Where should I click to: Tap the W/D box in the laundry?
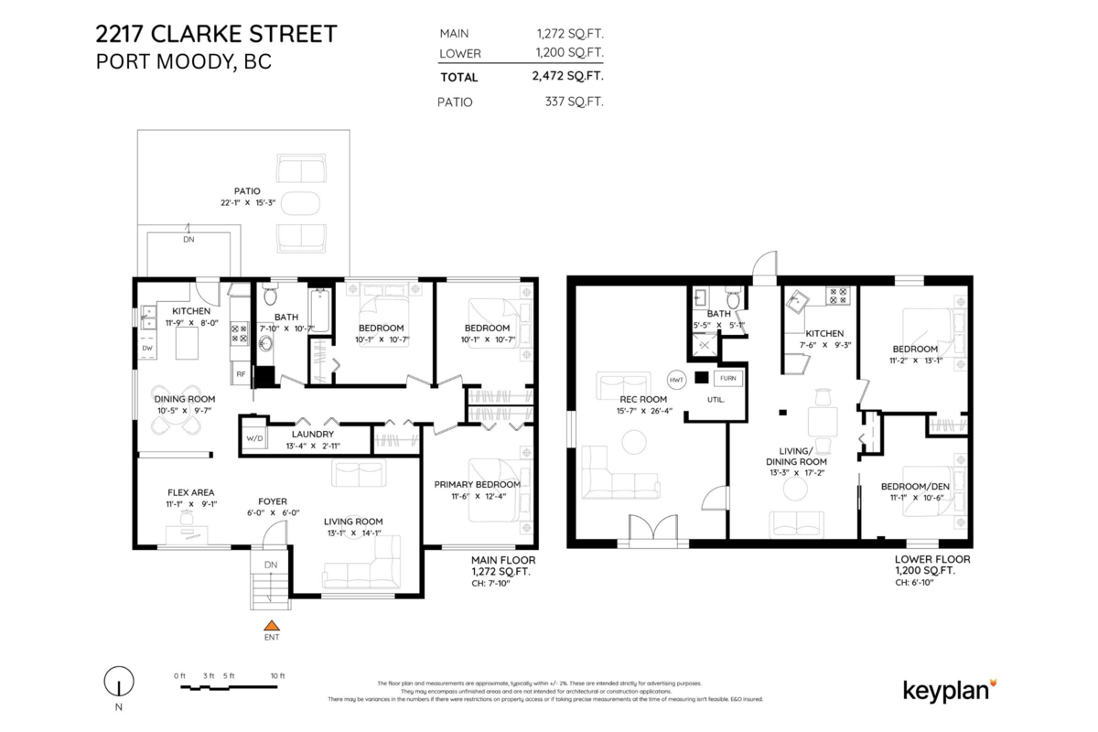(253, 439)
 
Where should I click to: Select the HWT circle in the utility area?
(676, 379)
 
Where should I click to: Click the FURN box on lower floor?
(727, 378)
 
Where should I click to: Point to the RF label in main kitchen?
(241, 373)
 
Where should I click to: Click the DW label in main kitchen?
(146, 348)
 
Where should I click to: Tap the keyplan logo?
(950, 689)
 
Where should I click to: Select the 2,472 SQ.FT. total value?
(567, 77)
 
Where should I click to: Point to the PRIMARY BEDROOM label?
(478, 484)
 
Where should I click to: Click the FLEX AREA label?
(190, 492)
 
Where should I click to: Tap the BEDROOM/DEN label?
(914, 486)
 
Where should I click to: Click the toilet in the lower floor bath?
(733, 299)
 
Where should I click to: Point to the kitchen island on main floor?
(188, 345)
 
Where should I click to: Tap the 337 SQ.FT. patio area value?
(574, 102)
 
